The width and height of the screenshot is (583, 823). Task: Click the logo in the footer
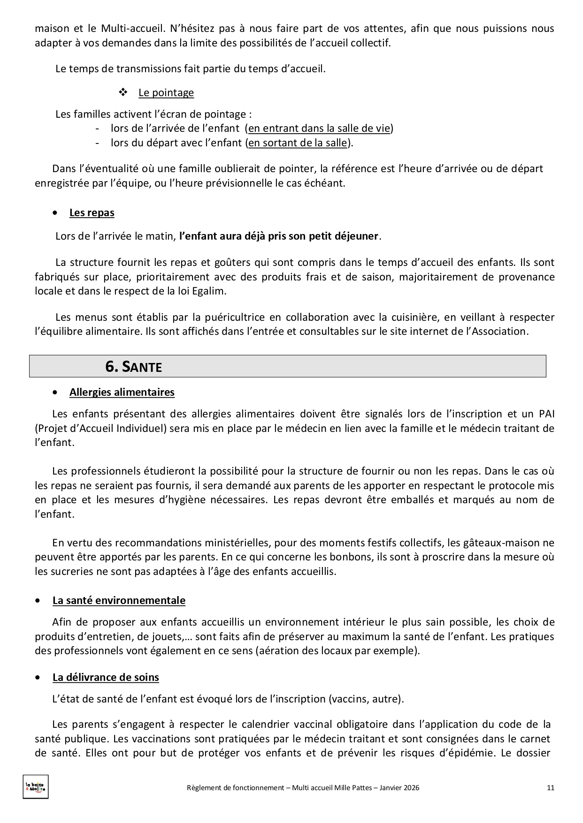click(x=36, y=787)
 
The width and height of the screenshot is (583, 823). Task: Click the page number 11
click(x=551, y=788)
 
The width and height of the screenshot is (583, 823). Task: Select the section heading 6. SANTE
click(x=133, y=366)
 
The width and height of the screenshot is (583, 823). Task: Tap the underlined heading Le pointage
click(x=166, y=92)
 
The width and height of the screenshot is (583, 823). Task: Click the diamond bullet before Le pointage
click(x=123, y=92)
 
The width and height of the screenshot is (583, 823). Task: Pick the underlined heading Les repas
click(x=92, y=212)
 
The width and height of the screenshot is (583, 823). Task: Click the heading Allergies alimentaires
click(x=122, y=392)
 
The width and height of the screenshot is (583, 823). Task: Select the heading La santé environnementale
click(x=119, y=600)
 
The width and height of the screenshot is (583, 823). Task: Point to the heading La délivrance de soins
click(x=106, y=677)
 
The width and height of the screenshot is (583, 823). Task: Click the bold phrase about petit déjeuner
click(x=278, y=236)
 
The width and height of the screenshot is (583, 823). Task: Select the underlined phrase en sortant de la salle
click(x=297, y=143)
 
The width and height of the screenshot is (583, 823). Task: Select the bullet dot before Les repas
click(x=56, y=213)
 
